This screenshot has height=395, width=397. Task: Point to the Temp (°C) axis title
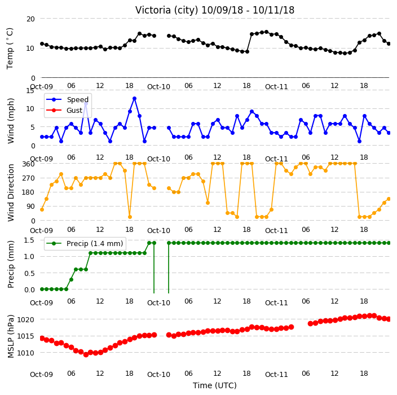click(x=10, y=49)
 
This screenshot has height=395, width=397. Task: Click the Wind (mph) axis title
click(x=11, y=121)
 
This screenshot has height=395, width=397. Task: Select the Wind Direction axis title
click(x=11, y=192)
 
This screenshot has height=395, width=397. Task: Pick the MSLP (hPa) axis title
click(x=11, y=336)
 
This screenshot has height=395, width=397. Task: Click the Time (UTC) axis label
click(x=215, y=385)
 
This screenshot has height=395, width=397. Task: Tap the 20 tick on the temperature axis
click(x=30, y=19)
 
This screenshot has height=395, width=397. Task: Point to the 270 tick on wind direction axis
click(x=28, y=178)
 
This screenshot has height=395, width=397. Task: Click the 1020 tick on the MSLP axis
click(x=25, y=320)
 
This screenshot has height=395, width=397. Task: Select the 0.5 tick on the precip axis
click(x=29, y=273)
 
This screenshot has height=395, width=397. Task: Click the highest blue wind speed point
click(x=134, y=99)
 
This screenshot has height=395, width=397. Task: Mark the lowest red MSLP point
click(x=86, y=355)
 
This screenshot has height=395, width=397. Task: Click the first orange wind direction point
click(x=42, y=209)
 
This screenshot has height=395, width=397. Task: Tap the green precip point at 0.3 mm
click(x=71, y=279)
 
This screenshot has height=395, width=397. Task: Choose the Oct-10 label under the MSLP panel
click(x=159, y=375)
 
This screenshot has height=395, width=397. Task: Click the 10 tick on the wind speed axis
click(x=30, y=109)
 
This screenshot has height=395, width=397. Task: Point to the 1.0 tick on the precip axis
click(x=29, y=256)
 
